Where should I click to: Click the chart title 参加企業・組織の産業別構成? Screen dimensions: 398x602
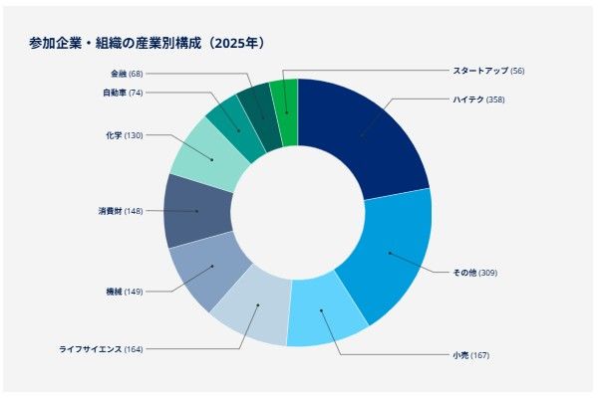pyautogui.click(x=147, y=43)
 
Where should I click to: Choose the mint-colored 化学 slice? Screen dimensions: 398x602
pyautogui.click(x=211, y=156)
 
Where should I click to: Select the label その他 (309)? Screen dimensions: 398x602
pyautogui.click(x=474, y=273)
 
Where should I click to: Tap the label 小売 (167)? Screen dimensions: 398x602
pyautogui.click(x=470, y=355)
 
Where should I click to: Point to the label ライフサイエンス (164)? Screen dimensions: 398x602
pyautogui.click(x=101, y=349)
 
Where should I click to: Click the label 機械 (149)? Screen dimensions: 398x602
pyautogui.click(x=124, y=292)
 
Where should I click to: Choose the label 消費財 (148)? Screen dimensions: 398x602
pyautogui.click(x=120, y=211)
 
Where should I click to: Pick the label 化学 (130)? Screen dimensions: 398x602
pyautogui.click(x=124, y=134)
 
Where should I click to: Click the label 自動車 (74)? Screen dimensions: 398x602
pyautogui.click(x=123, y=93)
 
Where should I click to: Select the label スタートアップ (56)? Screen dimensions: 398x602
pyautogui.click(x=487, y=71)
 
